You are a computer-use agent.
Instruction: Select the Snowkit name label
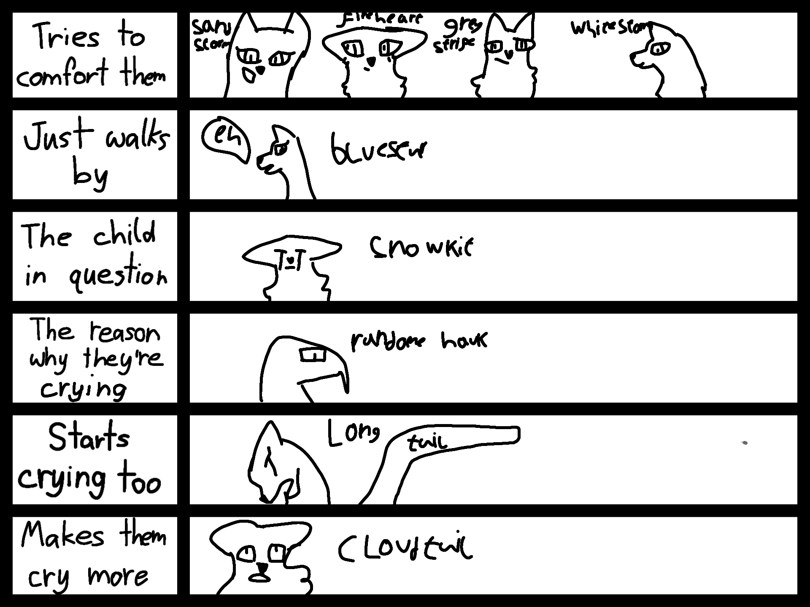[x=421, y=247]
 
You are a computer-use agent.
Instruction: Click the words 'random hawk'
[x=418, y=341]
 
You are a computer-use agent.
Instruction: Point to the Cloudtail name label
[x=405, y=549]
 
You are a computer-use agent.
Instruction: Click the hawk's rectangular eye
[x=313, y=355]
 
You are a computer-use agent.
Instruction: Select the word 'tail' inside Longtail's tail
[x=427, y=443]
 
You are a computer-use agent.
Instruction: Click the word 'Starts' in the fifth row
[x=89, y=437]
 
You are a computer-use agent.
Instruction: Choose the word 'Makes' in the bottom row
[x=62, y=535]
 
